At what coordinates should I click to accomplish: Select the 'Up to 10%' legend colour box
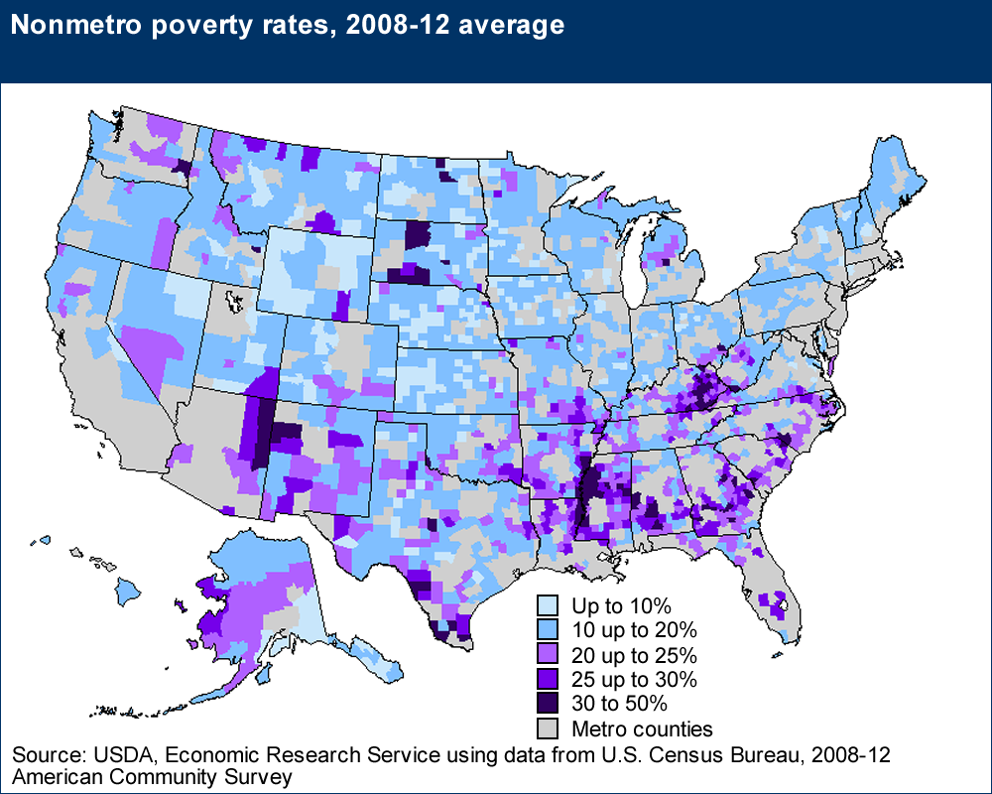[x=547, y=605]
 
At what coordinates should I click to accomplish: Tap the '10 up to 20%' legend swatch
[x=547, y=630]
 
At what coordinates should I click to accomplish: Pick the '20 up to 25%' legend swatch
[x=547, y=655]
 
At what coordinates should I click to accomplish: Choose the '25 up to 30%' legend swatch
[x=547, y=680]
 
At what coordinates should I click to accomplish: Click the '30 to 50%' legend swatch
[x=547, y=705]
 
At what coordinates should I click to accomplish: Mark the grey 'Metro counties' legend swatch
[x=547, y=729]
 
